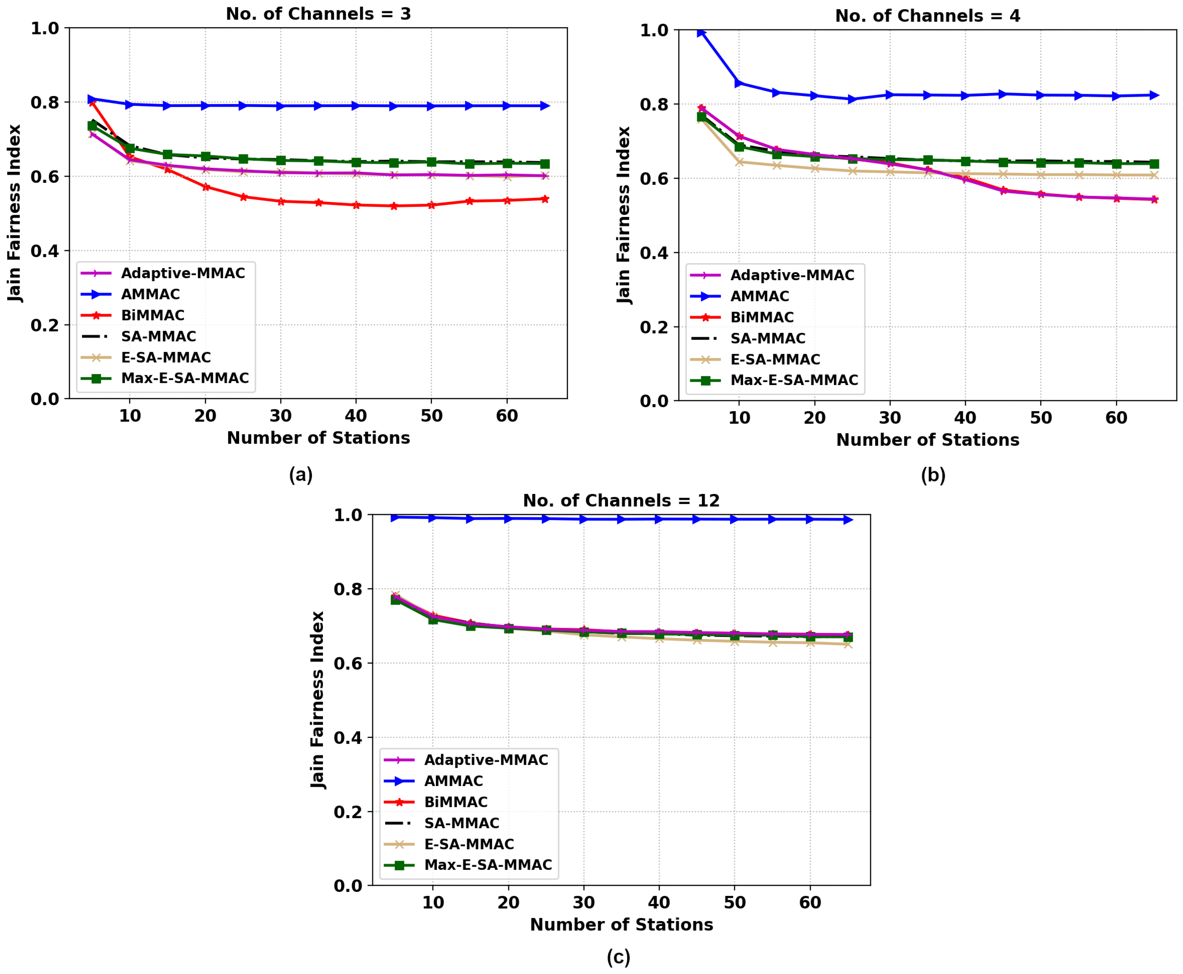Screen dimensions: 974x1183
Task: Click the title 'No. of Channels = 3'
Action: tap(318, 14)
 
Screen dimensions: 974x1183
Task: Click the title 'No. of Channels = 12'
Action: tap(621, 501)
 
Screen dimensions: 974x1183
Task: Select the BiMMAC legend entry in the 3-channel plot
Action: tap(153, 315)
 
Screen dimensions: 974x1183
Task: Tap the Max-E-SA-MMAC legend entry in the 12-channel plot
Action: tap(488, 865)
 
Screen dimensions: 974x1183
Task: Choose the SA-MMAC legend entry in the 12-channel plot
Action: tap(461, 823)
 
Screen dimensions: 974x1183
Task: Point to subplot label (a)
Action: tap(301, 475)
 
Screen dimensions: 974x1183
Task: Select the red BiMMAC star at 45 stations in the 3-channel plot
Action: tap(393, 206)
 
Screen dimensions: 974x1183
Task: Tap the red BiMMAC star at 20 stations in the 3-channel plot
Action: tap(205, 187)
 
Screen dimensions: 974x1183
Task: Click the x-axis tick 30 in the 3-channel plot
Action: tap(281, 416)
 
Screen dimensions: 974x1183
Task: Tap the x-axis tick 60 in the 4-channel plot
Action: tap(1116, 418)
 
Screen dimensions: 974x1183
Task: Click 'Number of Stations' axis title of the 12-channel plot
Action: tap(621, 925)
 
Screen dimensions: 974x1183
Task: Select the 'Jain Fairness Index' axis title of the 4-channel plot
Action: tap(624, 216)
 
